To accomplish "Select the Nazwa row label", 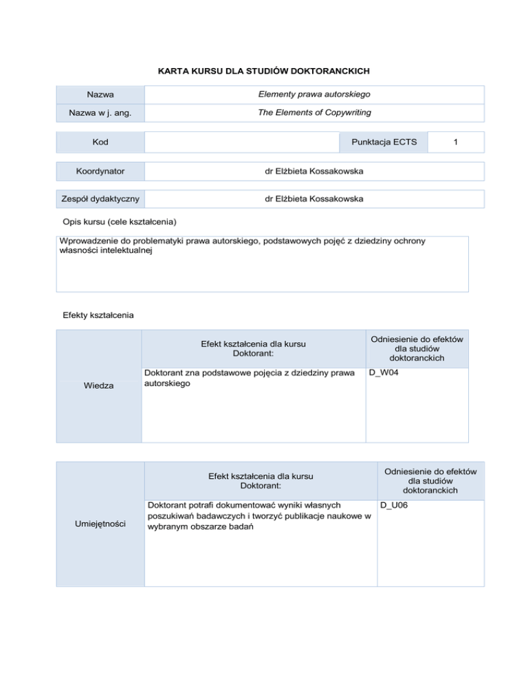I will pos(100,94).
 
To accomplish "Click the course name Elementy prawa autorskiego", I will pos(313,94).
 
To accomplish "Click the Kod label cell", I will pos(100,142).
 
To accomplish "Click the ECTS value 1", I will pos(455,142).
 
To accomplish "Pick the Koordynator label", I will pos(100,170).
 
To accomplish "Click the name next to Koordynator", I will pos(313,170).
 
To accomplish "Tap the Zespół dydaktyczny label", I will pos(100,199).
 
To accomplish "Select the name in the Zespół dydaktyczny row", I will pos(313,199).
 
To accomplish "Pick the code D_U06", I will pos(395,506).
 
